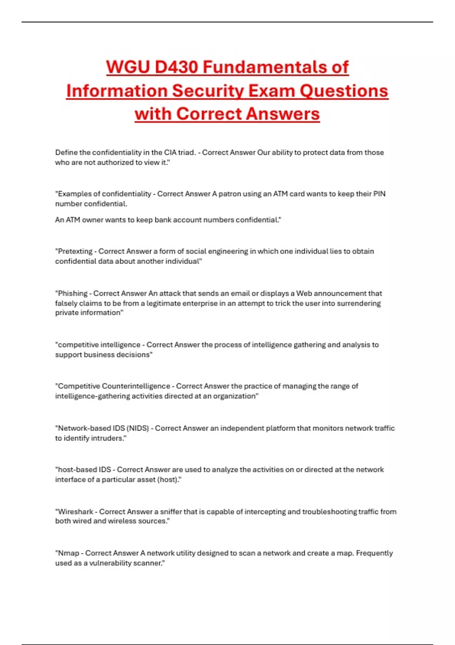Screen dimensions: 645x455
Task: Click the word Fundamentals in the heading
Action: [276, 67]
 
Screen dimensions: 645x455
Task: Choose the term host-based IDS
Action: [84, 470]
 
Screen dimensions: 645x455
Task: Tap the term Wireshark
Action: [75, 511]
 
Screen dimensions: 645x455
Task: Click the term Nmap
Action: [68, 553]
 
